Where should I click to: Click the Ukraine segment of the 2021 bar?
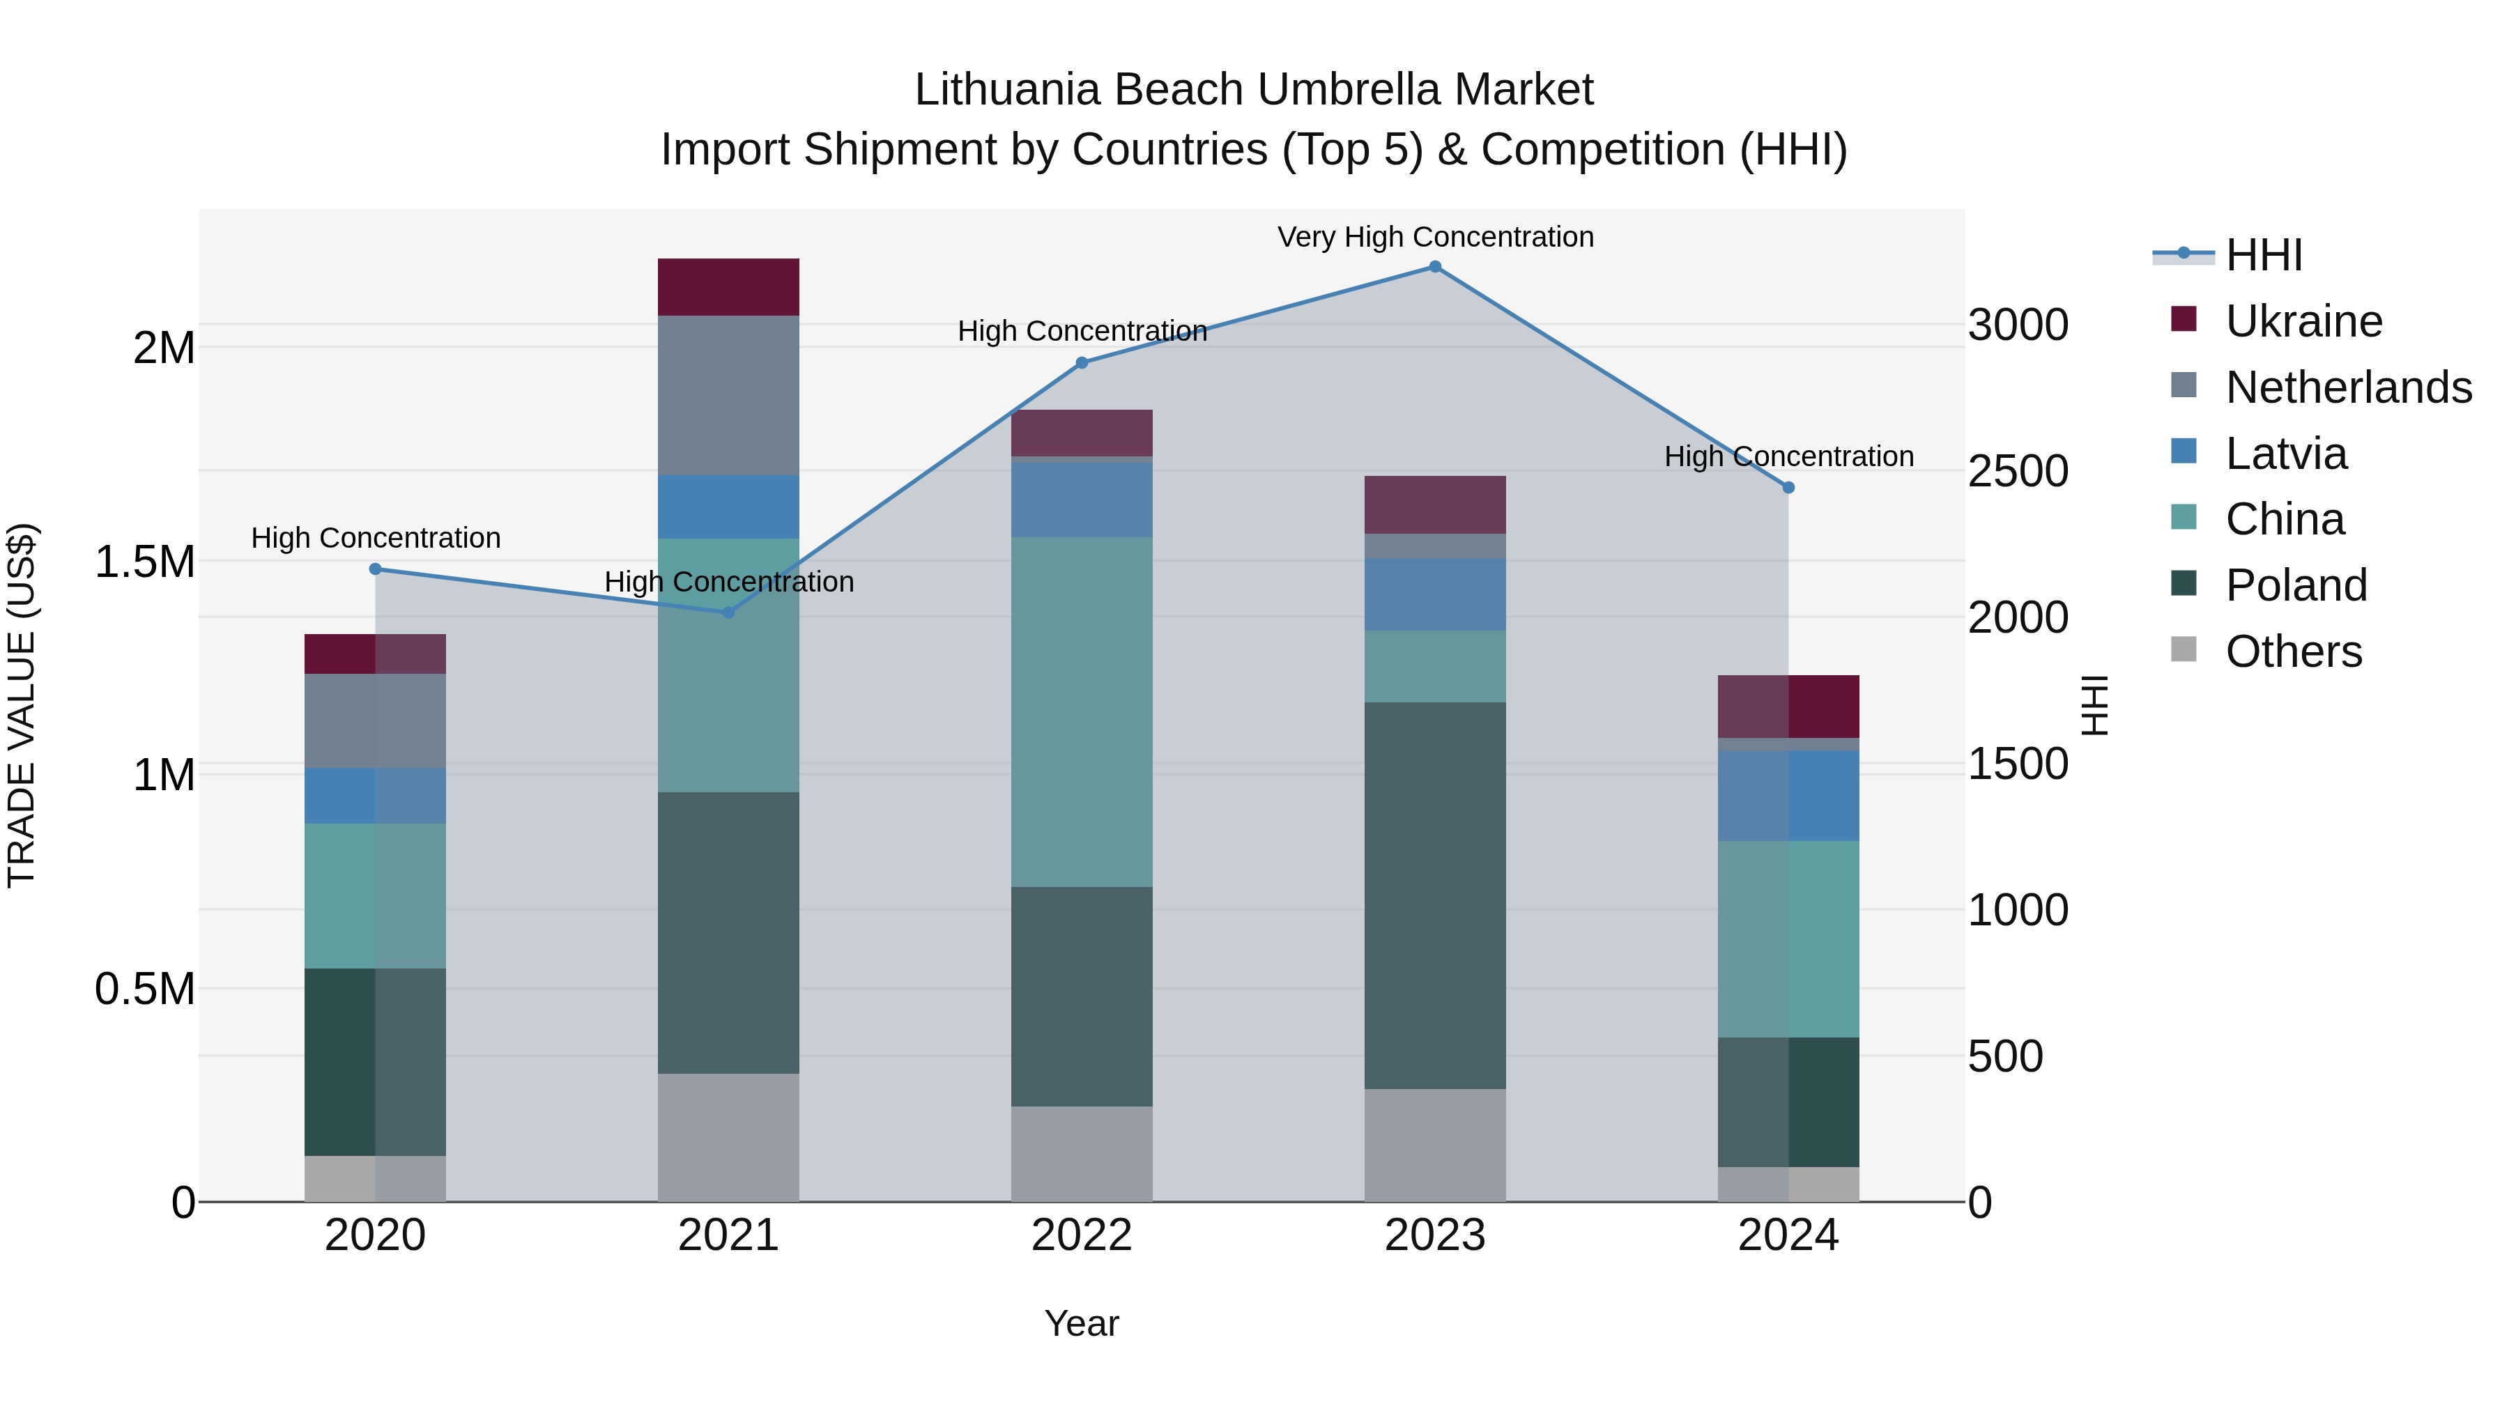728,286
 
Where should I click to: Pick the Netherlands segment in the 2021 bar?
728,394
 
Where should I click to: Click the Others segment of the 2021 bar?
728,1136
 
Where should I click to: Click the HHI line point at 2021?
728,612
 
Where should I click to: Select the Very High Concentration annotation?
1435,237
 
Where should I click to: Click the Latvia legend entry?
2285,454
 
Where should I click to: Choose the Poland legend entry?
2295,585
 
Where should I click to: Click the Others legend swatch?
2184,649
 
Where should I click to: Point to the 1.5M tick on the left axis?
144,562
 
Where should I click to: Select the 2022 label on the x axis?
1081,1235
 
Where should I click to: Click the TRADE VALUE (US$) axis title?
22,705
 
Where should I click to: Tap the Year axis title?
1081,1323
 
